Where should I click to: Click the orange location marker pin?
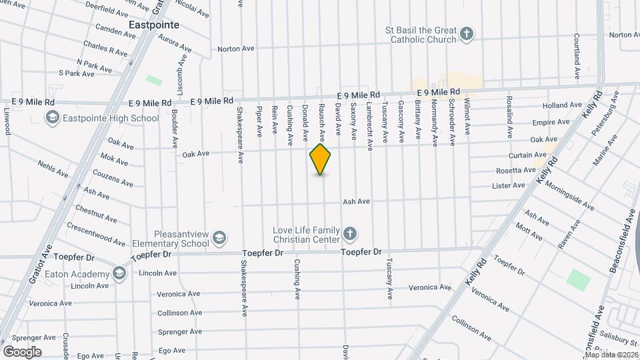(321, 159)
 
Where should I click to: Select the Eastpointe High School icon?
(52, 118)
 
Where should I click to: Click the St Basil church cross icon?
(467, 34)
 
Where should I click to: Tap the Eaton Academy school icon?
(119, 273)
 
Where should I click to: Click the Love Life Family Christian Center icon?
(350, 234)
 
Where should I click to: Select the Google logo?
(22, 351)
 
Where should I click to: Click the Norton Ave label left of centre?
(236, 49)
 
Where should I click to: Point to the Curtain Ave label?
(528, 155)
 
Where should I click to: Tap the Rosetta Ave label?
(517, 170)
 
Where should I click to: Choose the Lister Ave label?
(509, 185)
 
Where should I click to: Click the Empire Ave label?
(549, 123)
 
